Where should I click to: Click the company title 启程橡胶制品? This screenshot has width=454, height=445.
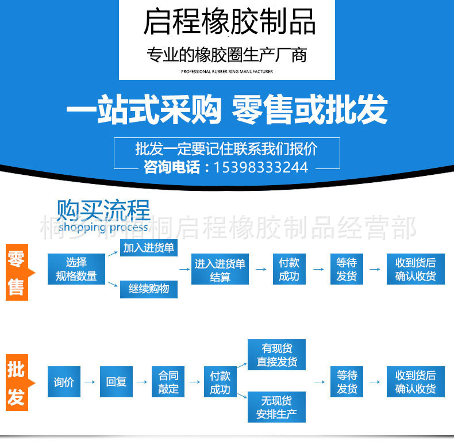coord(229,22)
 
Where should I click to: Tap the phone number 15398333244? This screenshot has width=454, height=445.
coord(260,167)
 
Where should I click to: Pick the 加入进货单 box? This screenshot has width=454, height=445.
coord(149,248)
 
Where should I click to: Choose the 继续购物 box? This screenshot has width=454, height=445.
coord(149,289)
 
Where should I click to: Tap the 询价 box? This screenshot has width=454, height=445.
coord(63,382)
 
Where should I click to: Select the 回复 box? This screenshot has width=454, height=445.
coord(116,382)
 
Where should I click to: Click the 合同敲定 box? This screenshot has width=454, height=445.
coord(168,382)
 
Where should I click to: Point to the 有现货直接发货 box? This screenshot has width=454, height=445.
coord(276,355)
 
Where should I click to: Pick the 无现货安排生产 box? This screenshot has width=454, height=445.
coord(276,408)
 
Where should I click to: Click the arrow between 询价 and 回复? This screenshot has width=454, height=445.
coord(90,382)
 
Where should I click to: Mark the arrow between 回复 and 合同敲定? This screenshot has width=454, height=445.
coord(142,382)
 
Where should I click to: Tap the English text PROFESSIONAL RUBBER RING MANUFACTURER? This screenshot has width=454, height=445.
coord(226,72)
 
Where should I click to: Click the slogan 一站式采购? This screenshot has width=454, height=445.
coord(144,110)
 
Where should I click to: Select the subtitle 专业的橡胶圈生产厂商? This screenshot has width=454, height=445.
coord(226,56)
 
